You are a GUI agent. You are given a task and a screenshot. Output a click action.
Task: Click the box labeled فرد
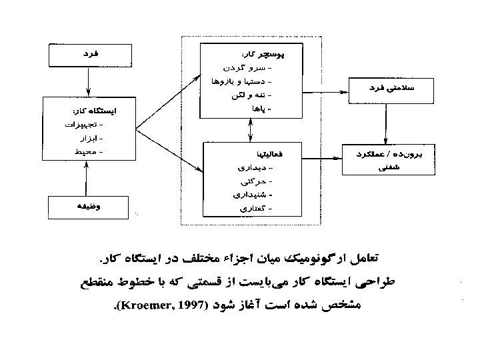point(87,53)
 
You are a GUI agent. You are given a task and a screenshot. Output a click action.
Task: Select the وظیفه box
point(87,207)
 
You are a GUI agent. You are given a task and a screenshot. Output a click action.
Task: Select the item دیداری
point(256,167)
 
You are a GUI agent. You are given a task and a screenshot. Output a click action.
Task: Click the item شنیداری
point(253,195)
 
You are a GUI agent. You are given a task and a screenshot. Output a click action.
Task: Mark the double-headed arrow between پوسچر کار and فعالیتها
point(249,131)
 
